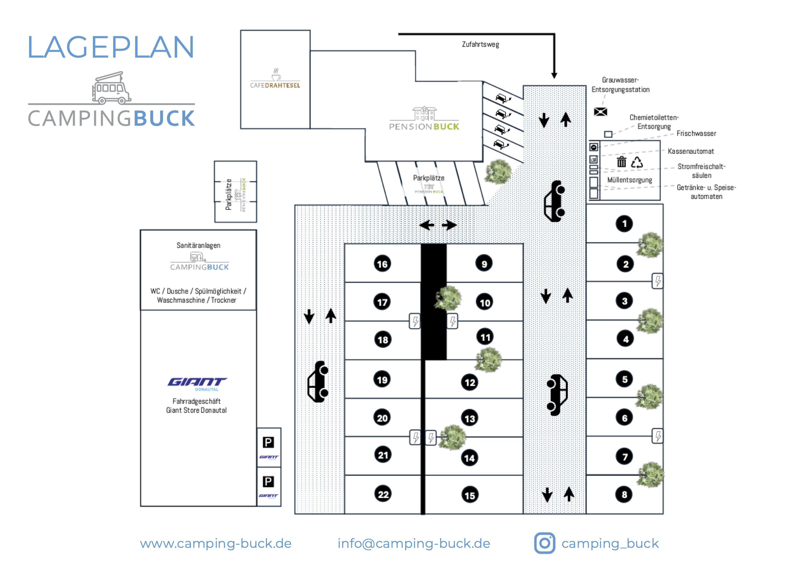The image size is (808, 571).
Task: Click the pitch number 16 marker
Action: click(382, 264)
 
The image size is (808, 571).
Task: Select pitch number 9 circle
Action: click(484, 264)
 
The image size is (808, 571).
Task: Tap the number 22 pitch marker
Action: click(383, 494)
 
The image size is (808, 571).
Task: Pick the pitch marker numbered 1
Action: click(624, 224)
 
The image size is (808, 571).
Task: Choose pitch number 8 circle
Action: click(624, 494)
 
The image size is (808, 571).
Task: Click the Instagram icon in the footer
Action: click(545, 543)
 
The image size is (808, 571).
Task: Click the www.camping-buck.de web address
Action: click(216, 544)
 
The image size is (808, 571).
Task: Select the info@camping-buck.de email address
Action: click(414, 544)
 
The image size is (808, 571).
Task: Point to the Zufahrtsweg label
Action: click(480, 44)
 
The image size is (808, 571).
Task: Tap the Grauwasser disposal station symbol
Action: click(600, 112)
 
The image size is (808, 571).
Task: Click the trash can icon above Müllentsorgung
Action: click(622, 162)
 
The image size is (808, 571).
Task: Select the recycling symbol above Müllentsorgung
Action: click(637, 162)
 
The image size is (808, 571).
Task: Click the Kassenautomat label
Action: click(691, 151)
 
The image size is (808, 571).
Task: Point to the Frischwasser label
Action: click(696, 133)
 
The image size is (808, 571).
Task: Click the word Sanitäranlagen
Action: click(198, 245)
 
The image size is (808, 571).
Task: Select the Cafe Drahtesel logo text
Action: click(275, 85)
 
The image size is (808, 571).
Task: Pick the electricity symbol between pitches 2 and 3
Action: click(657, 281)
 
